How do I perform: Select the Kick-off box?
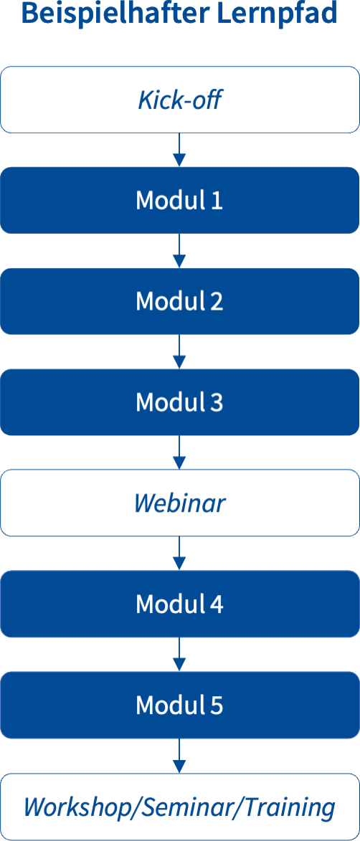[180, 100]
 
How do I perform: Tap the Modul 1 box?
[180, 200]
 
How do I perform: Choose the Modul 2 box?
[180, 301]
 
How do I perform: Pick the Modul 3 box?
[180, 402]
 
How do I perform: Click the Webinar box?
[180, 503]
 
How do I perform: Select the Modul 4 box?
[180, 604]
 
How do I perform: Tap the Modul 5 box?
[180, 704]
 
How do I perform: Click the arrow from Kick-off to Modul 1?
[180, 150]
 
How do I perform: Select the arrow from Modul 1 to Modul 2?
[180, 250]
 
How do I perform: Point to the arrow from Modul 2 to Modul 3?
[180, 351]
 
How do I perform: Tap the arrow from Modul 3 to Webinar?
[180, 452]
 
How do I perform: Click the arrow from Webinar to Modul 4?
[180, 553]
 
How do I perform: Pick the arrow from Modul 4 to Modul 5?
[180, 654]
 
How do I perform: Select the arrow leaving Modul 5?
[180, 755]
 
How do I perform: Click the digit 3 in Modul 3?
[216, 402]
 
